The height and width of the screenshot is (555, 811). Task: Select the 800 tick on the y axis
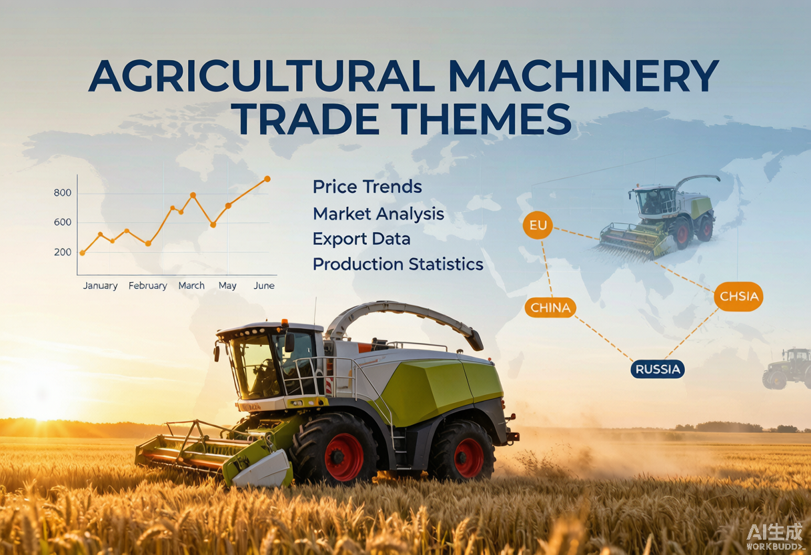63,193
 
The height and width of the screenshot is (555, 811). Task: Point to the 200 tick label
63,252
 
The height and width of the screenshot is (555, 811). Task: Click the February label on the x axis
147,286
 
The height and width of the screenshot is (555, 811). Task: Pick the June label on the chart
264,286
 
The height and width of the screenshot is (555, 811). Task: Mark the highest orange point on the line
267,179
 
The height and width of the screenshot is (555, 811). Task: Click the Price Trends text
367,187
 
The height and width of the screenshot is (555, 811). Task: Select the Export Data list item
361,239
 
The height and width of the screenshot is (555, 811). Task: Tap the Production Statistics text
398,264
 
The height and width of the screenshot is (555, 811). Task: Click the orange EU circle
538,225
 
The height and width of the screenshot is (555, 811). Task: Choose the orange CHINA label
550,308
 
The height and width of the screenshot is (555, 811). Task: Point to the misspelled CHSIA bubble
738,296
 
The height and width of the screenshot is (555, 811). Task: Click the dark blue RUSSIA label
658,370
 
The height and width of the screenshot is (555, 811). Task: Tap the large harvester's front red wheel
344,456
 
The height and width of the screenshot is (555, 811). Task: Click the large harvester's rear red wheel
468,458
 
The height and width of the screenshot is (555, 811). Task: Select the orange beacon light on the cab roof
285,322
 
